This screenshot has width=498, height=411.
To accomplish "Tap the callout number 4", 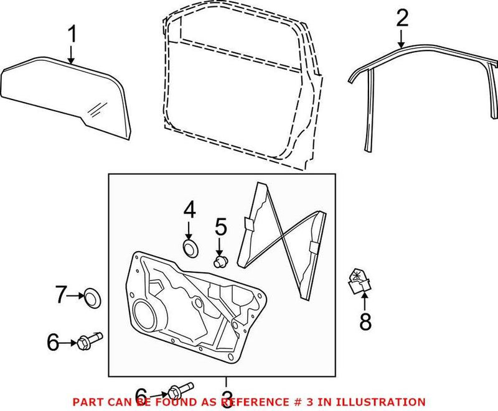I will tap(189, 211).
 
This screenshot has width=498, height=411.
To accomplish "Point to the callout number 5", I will tap(220, 227).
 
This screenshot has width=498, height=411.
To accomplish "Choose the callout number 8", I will tap(365, 321).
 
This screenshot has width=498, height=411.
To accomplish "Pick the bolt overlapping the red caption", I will tap(177, 392).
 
